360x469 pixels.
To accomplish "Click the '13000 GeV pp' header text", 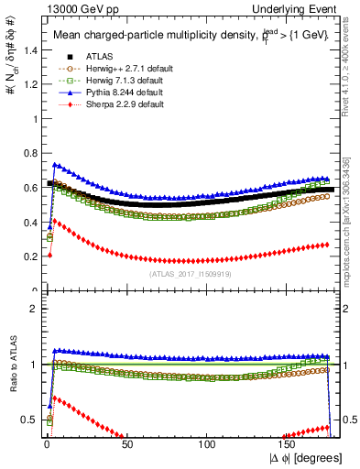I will (65, 8).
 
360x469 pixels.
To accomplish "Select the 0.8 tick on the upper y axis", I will (27, 154).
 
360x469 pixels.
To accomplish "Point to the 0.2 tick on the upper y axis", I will (27, 257).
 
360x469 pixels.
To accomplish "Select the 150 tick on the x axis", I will (289, 444).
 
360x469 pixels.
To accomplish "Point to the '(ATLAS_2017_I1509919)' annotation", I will (190, 274).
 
